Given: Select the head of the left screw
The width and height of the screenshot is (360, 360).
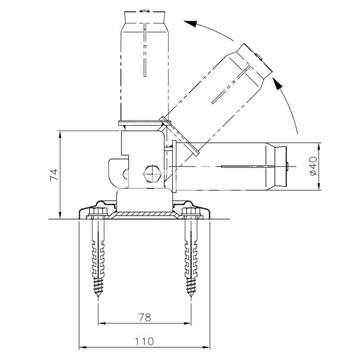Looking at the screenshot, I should [100, 213].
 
